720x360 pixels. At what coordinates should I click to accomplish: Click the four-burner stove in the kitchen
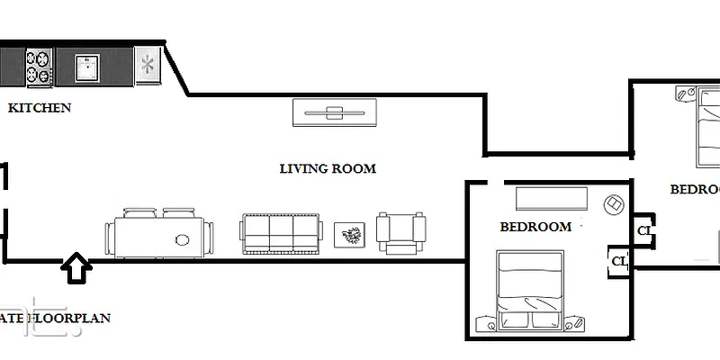pos(37,66)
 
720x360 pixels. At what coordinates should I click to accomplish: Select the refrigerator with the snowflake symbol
pos(147,66)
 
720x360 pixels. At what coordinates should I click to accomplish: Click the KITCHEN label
pos(40,108)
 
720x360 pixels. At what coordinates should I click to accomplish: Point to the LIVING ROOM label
pos(328,168)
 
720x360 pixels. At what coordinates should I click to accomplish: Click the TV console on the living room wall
pos(334,112)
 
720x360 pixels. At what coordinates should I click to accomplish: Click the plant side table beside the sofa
pos(349,236)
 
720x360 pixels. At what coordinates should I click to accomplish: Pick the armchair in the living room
pos(400,233)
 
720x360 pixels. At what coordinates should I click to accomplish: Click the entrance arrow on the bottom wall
pos(77,267)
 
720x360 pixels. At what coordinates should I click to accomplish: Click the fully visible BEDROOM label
pos(535,227)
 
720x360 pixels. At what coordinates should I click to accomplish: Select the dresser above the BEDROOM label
pos(551,198)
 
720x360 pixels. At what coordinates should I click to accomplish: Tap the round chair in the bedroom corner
pos(614,205)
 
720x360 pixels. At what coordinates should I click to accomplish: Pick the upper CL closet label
pos(643,230)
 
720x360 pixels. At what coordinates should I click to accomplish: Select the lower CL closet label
pos(619,262)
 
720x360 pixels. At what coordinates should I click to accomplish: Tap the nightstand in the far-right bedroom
pos(683,94)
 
